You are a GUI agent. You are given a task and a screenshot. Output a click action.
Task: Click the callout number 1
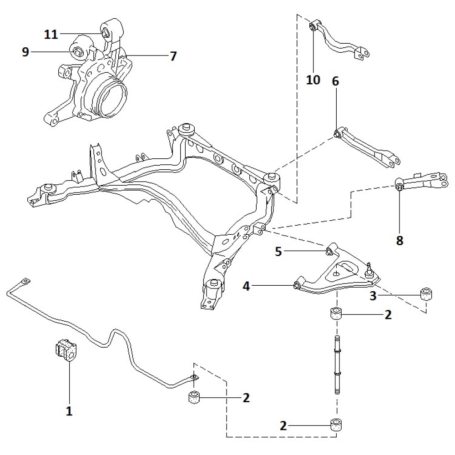pyautogui.click(x=69, y=411)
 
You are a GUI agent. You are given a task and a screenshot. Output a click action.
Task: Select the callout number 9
pyautogui.click(x=25, y=52)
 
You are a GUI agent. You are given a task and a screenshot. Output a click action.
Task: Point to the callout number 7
pyautogui.click(x=173, y=56)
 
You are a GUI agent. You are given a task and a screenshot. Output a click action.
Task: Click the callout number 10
pyautogui.click(x=313, y=80)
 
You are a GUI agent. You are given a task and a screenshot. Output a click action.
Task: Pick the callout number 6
pyautogui.click(x=335, y=82)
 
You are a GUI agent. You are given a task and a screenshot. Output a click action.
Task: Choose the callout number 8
pyautogui.click(x=399, y=241)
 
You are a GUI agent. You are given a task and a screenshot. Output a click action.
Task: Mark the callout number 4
pyautogui.click(x=246, y=286)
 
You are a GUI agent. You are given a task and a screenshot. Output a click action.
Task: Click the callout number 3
pyautogui.click(x=373, y=296)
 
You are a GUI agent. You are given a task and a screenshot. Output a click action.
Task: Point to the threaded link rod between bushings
pyautogui.click(x=337, y=364)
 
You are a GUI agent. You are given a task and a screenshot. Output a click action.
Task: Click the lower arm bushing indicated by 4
pyautogui.click(x=296, y=285)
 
